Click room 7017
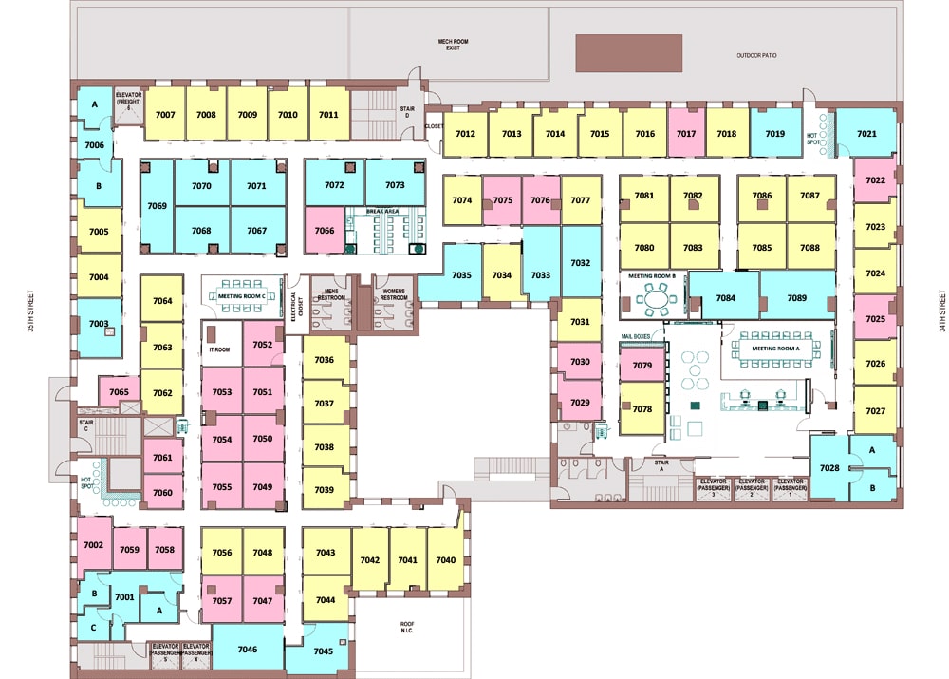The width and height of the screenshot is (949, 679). (x=686, y=134)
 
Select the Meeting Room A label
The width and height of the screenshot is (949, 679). (x=776, y=349)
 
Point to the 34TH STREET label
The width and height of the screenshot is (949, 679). (x=941, y=314)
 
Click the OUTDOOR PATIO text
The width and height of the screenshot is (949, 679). (x=756, y=55)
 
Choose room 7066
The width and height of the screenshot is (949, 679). (x=325, y=230)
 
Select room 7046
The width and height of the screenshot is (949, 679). (x=248, y=650)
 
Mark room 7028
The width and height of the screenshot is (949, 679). (x=829, y=468)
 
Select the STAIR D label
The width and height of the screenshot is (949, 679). (x=407, y=113)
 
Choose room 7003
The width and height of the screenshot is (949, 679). (x=99, y=324)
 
